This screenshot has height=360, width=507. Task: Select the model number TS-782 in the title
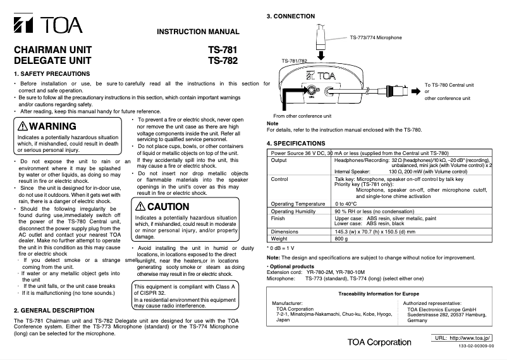(223, 61)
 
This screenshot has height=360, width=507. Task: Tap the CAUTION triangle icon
(140, 207)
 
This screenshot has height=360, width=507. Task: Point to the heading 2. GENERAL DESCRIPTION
(54, 311)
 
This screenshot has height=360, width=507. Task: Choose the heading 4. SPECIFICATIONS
(300, 144)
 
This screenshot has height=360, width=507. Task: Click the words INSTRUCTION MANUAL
(198, 32)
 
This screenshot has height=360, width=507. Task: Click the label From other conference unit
(302, 116)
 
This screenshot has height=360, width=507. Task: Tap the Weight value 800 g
(342, 239)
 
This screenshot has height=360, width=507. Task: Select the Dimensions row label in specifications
(284, 232)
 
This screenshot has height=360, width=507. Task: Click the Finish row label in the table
(278, 218)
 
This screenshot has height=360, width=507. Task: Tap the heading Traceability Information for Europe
(379, 295)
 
